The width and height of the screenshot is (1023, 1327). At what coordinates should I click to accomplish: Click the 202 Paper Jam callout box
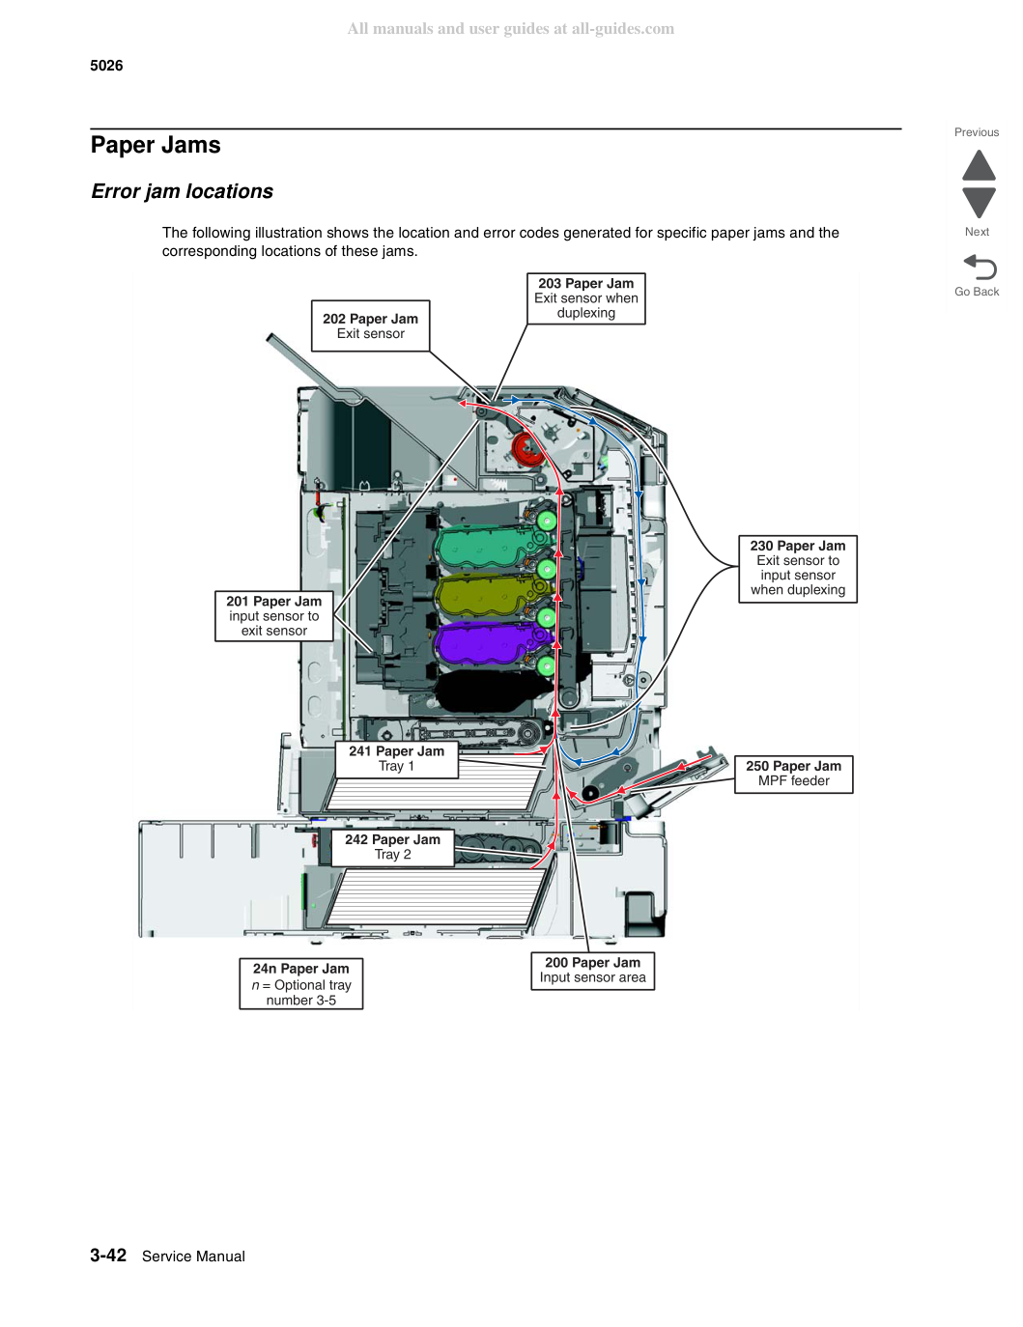pyautogui.click(x=370, y=325)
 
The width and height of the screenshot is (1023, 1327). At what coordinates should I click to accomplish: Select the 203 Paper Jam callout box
pyautogui.click(x=585, y=298)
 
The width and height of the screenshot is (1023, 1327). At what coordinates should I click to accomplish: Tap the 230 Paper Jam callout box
pyautogui.click(x=798, y=569)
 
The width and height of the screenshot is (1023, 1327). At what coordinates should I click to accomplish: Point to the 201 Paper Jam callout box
pyautogui.click(x=273, y=615)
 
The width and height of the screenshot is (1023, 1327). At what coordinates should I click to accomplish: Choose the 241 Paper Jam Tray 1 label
pyautogui.click(x=396, y=758)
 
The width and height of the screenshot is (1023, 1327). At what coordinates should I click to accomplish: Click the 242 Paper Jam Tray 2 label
pyautogui.click(x=392, y=847)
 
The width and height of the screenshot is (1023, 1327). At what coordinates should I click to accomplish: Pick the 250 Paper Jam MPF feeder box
pyautogui.click(x=793, y=774)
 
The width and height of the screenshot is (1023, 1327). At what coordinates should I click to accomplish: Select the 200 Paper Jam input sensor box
pyautogui.click(x=592, y=971)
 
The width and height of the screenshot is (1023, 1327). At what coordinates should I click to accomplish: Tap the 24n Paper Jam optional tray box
pyautogui.click(x=300, y=984)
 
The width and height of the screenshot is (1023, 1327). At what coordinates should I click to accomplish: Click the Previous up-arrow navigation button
pyautogui.click(x=979, y=165)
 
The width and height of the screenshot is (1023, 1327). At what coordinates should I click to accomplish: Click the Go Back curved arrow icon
pyautogui.click(x=980, y=267)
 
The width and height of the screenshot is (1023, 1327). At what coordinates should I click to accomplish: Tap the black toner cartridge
pyautogui.click(x=489, y=691)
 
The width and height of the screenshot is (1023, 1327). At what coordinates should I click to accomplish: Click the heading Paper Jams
pyautogui.click(x=156, y=145)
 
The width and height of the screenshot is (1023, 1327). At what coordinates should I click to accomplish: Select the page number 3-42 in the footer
pyautogui.click(x=108, y=1255)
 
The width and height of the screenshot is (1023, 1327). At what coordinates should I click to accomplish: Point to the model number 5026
pyautogui.click(x=106, y=66)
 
